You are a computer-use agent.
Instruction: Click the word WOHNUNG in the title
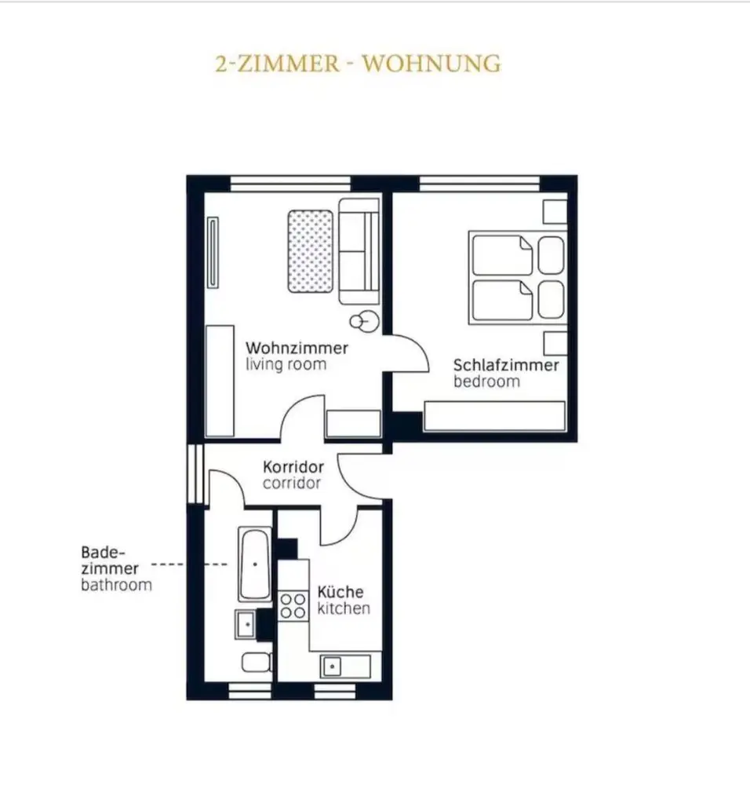(431, 64)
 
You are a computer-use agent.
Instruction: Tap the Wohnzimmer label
(297, 348)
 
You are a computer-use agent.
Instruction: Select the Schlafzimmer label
(506, 366)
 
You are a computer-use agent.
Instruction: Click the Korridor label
(293, 467)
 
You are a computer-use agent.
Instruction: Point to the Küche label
(340, 592)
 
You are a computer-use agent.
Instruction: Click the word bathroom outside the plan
(116, 585)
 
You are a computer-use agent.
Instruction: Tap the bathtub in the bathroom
(255, 564)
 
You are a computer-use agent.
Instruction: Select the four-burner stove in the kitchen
(293, 606)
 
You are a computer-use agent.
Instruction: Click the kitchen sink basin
(332, 666)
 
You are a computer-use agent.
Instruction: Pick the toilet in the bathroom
(257, 663)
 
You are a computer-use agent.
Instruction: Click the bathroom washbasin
(246, 624)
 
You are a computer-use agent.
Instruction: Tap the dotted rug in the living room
(310, 251)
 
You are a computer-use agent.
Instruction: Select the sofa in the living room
(359, 251)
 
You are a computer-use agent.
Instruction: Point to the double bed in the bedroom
(518, 277)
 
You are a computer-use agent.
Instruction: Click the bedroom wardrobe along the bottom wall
(495, 415)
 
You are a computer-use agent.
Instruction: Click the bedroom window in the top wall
(479, 184)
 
